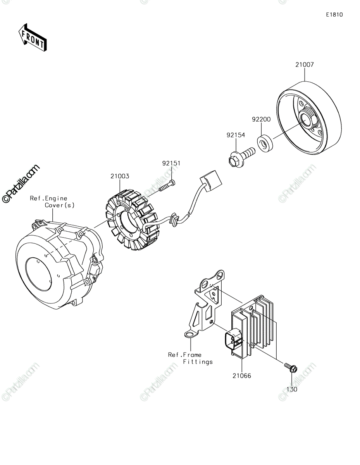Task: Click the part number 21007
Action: click(x=304, y=65)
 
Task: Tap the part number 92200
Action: click(x=261, y=119)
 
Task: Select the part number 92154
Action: click(x=236, y=135)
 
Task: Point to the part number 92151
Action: click(x=171, y=163)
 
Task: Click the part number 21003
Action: click(x=120, y=176)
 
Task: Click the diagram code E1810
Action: click(x=334, y=15)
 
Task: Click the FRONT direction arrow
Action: click(x=33, y=38)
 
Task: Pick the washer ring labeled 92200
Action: click(x=265, y=143)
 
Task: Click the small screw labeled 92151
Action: click(x=167, y=186)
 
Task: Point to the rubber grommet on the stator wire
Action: click(x=174, y=220)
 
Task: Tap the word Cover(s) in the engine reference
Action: click(x=59, y=205)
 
